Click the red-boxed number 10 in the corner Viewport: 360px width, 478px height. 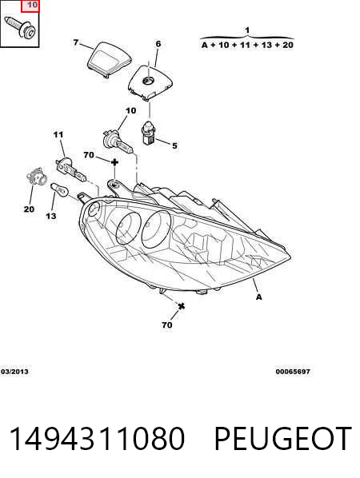point(32,5)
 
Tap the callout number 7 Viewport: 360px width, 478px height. point(76,42)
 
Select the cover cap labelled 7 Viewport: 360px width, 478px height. point(110,59)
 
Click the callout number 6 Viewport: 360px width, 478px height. point(158,44)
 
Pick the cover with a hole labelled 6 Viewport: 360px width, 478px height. point(150,82)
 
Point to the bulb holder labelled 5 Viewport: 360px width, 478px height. point(149,133)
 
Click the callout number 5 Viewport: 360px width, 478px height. point(174,145)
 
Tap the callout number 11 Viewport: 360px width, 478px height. point(58,134)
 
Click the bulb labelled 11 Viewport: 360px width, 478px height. point(70,169)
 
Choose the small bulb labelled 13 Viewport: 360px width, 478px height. point(59,189)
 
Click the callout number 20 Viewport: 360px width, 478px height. point(29,209)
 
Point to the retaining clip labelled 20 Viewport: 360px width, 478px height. point(36,176)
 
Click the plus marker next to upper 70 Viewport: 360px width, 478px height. point(114,162)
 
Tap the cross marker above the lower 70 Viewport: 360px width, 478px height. point(182,306)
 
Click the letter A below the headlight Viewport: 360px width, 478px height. point(258,297)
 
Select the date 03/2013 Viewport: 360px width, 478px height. point(14,372)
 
